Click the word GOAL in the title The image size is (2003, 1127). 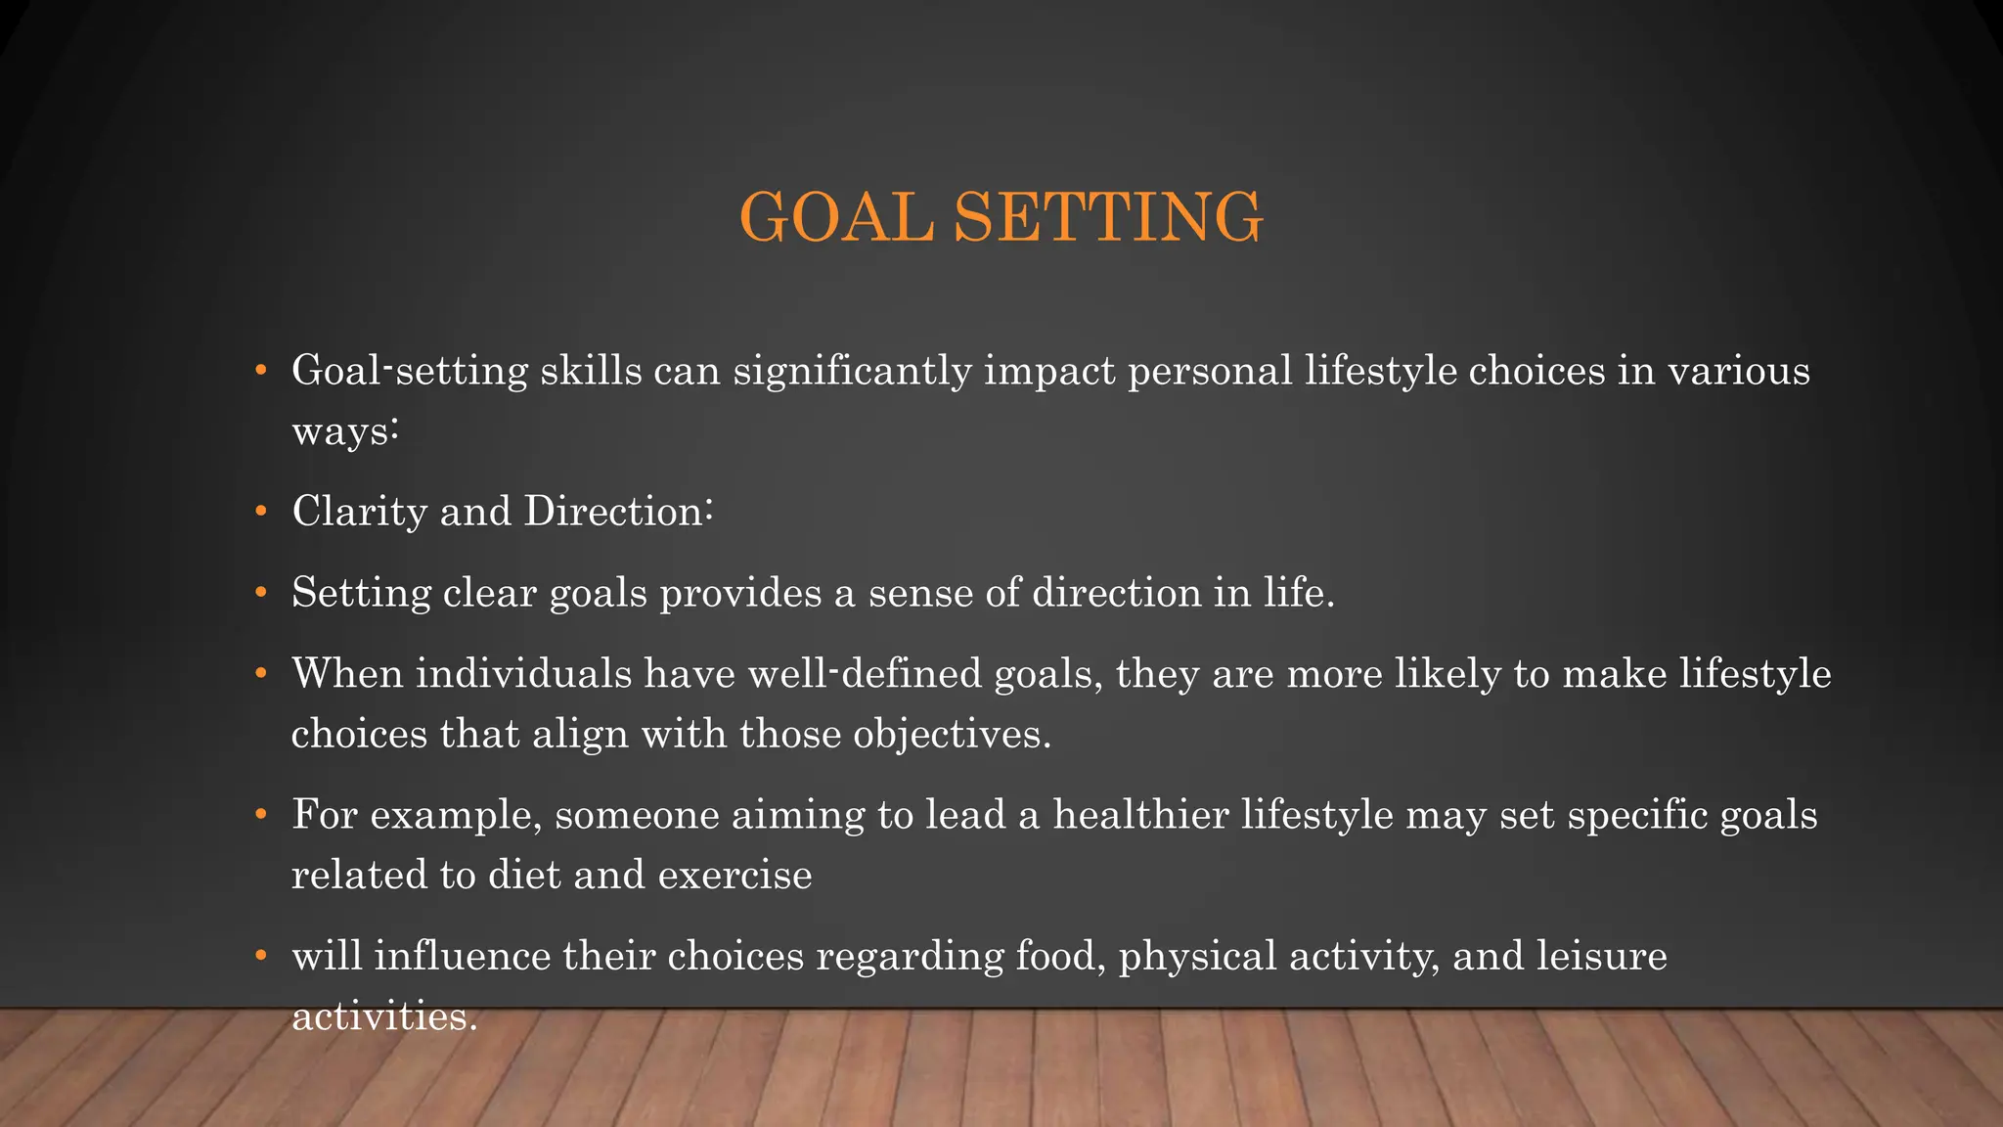pyautogui.click(x=837, y=217)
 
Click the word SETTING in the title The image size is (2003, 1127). pyautogui.click(x=1108, y=217)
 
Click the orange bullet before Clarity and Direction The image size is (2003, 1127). pyautogui.click(x=260, y=512)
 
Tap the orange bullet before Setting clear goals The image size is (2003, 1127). pyautogui.click(x=260, y=593)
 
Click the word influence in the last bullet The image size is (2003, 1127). pyautogui.click(x=463, y=957)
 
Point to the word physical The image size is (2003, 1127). pyautogui.click(x=1197, y=957)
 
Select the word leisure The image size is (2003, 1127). pyautogui.click(x=1601, y=957)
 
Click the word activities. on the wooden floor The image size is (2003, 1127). pyautogui.click(x=384, y=1017)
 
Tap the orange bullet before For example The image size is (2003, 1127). pyautogui.click(x=260, y=815)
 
